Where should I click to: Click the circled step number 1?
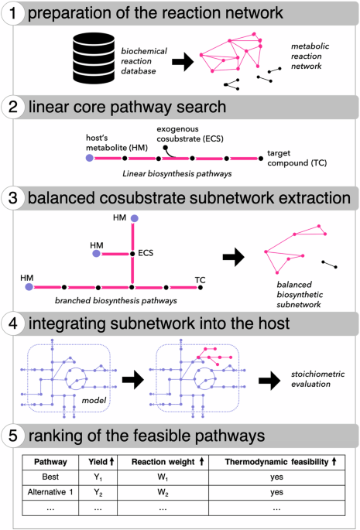(14, 14)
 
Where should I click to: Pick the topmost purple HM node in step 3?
(135, 219)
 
